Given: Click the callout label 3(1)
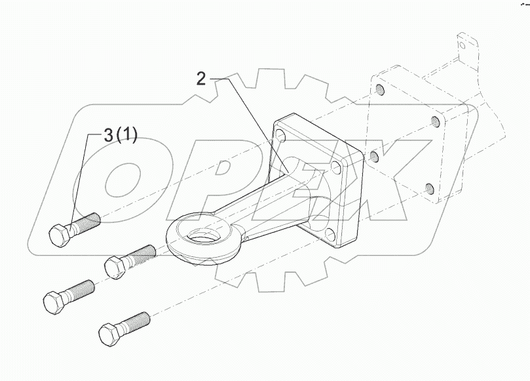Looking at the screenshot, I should [x=120, y=136].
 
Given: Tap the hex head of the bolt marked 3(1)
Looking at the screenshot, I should [x=60, y=234].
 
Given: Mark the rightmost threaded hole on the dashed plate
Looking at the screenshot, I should [x=434, y=122].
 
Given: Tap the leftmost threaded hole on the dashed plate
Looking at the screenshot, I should [x=373, y=156].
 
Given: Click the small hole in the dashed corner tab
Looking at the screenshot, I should [x=464, y=46].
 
